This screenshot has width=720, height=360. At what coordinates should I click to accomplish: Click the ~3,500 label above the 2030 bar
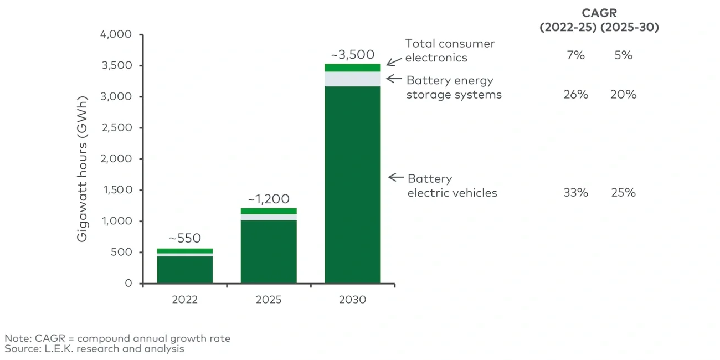[x=352, y=55]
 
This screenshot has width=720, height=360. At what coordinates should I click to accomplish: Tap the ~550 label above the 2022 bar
[x=184, y=239]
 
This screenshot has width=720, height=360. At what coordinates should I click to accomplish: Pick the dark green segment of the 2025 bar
[x=269, y=252]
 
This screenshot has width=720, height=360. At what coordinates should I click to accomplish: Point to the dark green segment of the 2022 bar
[x=184, y=270]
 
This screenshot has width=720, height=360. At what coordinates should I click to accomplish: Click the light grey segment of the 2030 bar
[x=352, y=79]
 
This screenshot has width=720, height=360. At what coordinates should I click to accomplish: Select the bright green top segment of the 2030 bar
[x=352, y=68]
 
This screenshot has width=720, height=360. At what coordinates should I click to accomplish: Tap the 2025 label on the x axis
[x=269, y=300]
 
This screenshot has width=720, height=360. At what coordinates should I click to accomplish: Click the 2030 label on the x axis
[x=352, y=300]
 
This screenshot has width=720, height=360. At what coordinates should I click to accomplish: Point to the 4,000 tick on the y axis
[x=116, y=34]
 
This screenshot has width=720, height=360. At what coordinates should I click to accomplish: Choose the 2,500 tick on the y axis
[x=116, y=128]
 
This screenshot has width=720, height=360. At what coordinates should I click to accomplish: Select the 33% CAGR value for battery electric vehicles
[x=575, y=193]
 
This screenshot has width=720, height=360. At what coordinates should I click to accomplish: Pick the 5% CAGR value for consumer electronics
[x=623, y=55]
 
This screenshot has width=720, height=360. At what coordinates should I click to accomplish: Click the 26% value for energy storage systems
[x=575, y=95]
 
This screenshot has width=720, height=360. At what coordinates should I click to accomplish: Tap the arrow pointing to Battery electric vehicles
[x=396, y=177]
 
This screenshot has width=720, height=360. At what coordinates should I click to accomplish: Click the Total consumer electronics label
[x=450, y=50]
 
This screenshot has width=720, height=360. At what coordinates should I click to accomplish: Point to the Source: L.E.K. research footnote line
[x=94, y=349]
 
